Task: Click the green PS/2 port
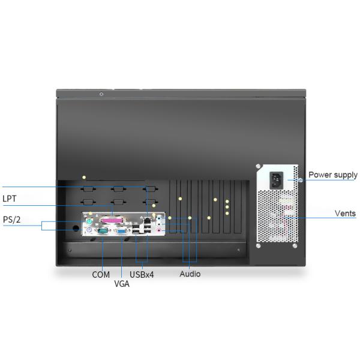(x=89, y=222)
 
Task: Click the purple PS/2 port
(x=89, y=230)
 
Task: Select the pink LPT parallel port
(x=112, y=221)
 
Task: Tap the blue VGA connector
(x=122, y=231)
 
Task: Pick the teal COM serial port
(x=103, y=231)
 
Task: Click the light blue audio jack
(x=159, y=217)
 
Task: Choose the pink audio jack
(x=159, y=230)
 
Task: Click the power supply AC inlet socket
(x=276, y=181)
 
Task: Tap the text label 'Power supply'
(x=333, y=175)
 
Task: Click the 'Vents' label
(x=345, y=213)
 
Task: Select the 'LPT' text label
(x=10, y=199)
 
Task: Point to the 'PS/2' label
(x=12, y=220)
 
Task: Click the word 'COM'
(x=101, y=275)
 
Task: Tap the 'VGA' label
(x=122, y=284)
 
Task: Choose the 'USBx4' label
(x=142, y=275)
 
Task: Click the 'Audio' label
(x=190, y=274)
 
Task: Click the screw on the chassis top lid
(x=101, y=94)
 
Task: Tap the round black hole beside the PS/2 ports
(x=76, y=228)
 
